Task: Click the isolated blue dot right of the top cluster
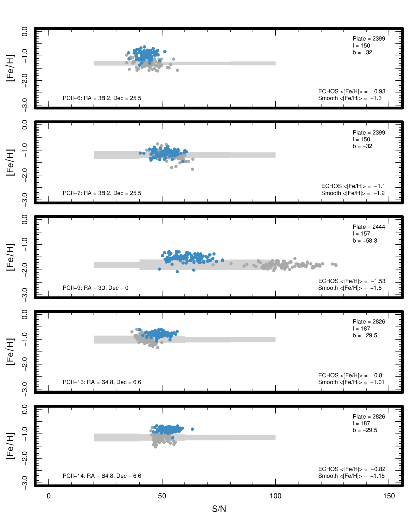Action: [x=165, y=51]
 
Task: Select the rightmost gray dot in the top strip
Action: [x=177, y=70]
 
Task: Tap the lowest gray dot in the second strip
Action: [x=192, y=169]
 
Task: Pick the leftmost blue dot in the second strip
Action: [x=140, y=153]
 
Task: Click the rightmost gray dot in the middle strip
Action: [x=336, y=265]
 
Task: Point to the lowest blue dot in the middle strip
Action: [x=177, y=272]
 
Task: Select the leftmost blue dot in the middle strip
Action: [x=159, y=269]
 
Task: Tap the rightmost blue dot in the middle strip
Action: [x=222, y=260]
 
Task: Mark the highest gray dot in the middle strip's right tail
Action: [x=295, y=259]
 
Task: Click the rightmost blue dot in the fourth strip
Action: [x=177, y=331]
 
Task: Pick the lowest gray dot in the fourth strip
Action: [x=157, y=347]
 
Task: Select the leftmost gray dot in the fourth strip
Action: [x=132, y=332]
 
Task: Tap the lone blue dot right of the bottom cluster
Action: [x=192, y=429]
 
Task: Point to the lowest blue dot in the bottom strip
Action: [x=173, y=437]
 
